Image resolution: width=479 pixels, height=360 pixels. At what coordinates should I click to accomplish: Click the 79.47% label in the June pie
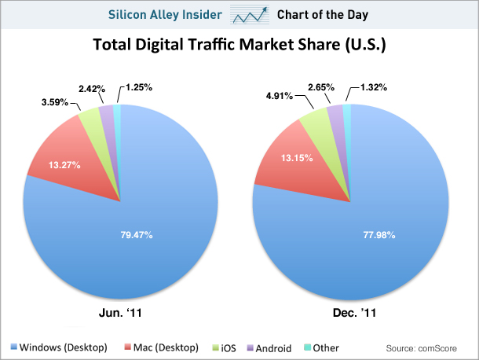[137, 235]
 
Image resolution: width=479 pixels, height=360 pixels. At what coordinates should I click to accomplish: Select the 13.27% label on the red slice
[64, 165]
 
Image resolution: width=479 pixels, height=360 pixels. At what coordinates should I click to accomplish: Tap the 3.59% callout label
[55, 102]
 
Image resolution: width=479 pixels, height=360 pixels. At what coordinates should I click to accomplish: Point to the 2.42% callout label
[92, 89]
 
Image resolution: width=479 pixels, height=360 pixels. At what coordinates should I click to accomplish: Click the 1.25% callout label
[139, 87]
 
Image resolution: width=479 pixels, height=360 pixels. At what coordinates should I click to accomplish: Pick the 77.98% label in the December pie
[379, 235]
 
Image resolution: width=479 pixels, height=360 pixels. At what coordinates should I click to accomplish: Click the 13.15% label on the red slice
[297, 158]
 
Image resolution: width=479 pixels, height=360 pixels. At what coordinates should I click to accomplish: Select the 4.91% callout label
[280, 96]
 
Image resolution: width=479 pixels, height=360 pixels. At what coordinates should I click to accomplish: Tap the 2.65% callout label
[321, 87]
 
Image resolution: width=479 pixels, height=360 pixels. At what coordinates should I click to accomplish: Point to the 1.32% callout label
[374, 87]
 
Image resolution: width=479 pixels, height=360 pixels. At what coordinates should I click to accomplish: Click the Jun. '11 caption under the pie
[120, 313]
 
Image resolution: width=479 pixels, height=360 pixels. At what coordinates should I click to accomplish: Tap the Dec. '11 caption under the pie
[354, 313]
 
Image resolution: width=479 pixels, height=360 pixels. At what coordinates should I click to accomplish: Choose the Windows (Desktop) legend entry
[59, 347]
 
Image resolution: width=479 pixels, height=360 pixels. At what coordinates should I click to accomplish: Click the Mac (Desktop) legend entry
[162, 347]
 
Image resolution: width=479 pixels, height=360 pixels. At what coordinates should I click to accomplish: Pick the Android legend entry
[269, 348]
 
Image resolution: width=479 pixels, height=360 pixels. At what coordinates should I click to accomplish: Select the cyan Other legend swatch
[307, 347]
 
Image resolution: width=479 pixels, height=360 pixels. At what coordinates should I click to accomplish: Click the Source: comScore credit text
[421, 348]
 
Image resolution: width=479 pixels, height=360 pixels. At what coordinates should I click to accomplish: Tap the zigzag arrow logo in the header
[250, 15]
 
